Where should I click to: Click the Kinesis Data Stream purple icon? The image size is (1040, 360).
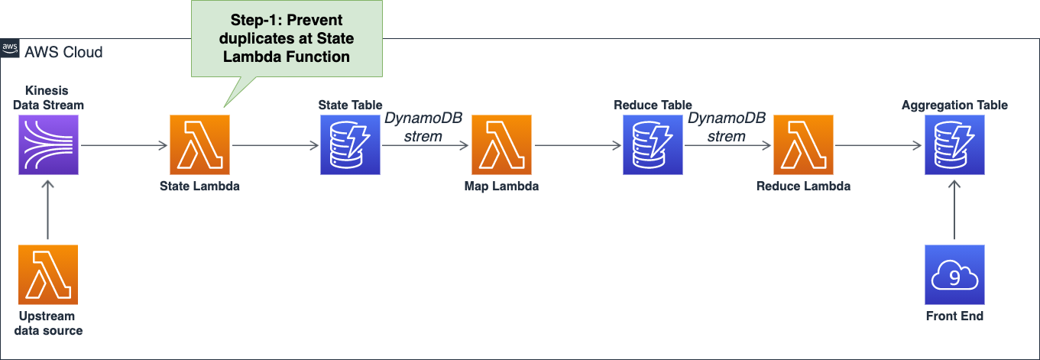48,145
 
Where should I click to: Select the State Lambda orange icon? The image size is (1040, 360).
199,145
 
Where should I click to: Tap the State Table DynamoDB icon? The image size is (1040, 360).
350,145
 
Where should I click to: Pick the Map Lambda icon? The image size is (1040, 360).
501,145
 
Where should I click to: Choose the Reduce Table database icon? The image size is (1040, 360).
653,145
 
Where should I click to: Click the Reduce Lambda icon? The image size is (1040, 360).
803,145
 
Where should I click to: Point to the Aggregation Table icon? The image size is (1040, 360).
954,145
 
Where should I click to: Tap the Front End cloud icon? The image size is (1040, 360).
954,275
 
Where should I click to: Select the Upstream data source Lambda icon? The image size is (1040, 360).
48,275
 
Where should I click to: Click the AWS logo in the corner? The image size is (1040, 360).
10,48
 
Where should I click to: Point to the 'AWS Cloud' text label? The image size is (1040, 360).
63,52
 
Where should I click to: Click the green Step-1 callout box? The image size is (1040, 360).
287,38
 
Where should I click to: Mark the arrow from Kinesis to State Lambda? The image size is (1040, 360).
124,145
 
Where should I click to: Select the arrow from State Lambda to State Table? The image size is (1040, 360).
275,145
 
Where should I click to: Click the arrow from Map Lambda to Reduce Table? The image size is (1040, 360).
578,145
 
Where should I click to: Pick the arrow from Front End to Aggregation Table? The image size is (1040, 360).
954,209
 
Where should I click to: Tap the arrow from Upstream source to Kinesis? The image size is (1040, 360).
48,209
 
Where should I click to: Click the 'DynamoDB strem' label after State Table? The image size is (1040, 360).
423,128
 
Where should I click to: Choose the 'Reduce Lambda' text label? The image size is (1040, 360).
803,186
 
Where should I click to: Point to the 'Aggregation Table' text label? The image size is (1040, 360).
954,105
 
